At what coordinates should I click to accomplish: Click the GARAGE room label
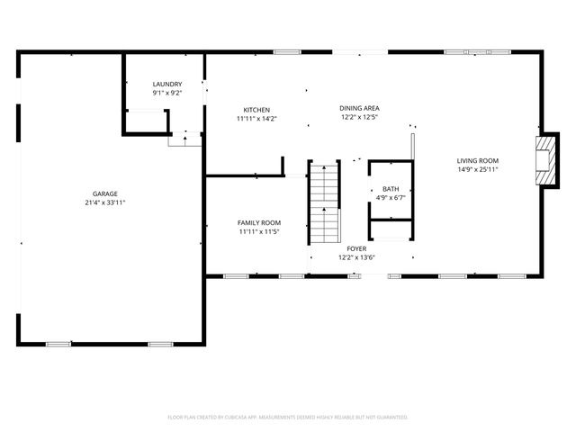click(104, 193)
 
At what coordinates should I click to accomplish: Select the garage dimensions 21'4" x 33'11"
click(104, 202)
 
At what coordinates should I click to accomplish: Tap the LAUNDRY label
click(166, 84)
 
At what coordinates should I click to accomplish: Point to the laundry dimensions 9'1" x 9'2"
click(166, 93)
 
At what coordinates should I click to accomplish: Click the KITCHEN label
click(256, 110)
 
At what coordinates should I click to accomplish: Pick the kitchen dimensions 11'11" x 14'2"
click(256, 118)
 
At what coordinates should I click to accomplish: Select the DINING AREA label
click(359, 108)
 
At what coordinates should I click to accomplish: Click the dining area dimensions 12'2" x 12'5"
click(359, 117)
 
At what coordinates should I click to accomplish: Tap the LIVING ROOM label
click(476, 160)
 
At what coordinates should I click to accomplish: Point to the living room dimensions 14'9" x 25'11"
click(476, 169)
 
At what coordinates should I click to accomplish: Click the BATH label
click(391, 189)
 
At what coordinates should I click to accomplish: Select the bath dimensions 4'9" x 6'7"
click(391, 197)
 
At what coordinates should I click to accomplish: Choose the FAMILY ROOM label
click(259, 222)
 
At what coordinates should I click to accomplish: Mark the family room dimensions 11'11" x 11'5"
click(259, 231)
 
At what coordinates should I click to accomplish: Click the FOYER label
click(356, 248)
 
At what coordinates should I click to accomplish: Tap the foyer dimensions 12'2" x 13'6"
click(356, 257)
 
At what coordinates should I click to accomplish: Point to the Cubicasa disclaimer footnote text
click(288, 417)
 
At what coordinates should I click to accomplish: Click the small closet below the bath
click(391, 231)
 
